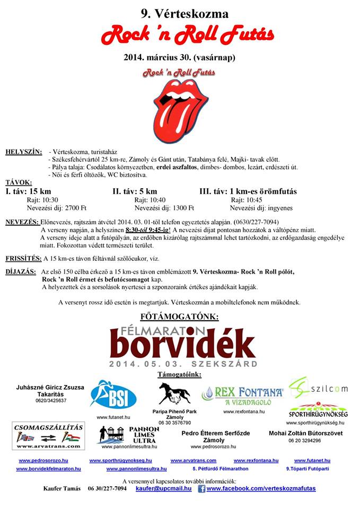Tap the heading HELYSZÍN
23,152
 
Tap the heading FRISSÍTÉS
23,258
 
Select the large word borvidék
183,345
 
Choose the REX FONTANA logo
243,393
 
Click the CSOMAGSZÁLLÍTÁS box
42,435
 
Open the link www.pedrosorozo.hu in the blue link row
43,461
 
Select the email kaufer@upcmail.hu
163,488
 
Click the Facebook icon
201,489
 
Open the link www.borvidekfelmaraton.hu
48,469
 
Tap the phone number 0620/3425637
48,401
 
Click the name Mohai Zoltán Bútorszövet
304,433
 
